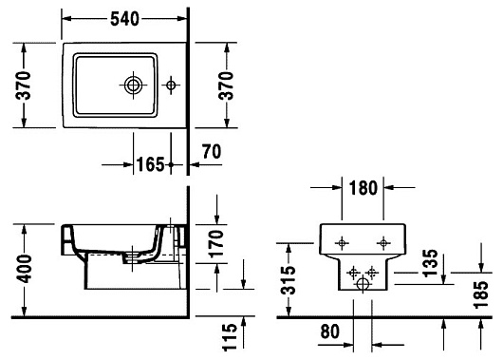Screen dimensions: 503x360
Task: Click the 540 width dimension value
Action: pos(124,19)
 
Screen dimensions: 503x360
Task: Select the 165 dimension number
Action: pos(150,164)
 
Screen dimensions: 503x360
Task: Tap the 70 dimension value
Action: pos(212,152)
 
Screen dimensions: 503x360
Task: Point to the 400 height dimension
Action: pos(25,269)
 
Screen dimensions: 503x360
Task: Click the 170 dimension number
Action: pos(215,244)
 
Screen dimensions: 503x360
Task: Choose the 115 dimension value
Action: pos(230,337)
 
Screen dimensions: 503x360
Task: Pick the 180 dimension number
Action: pos(363,188)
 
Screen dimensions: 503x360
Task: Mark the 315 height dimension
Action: pos(288,280)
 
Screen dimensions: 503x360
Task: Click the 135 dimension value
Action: pos(430,263)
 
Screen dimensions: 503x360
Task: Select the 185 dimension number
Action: pos(480,294)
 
